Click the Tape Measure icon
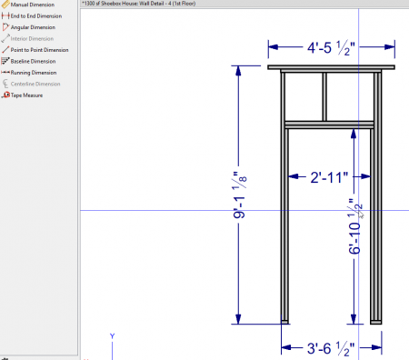(x=5, y=95)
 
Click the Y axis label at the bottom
(x=112, y=336)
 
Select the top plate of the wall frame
(x=334, y=67)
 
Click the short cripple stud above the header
(x=324, y=95)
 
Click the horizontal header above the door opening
(x=331, y=124)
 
